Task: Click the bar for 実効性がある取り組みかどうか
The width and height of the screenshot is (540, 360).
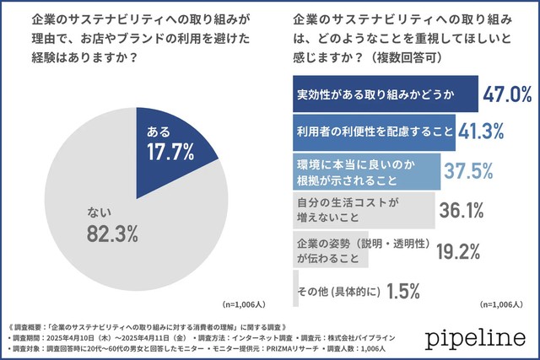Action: point(385,92)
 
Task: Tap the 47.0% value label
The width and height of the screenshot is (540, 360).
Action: point(506,93)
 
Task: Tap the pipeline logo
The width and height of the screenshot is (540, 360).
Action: point(475,339)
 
